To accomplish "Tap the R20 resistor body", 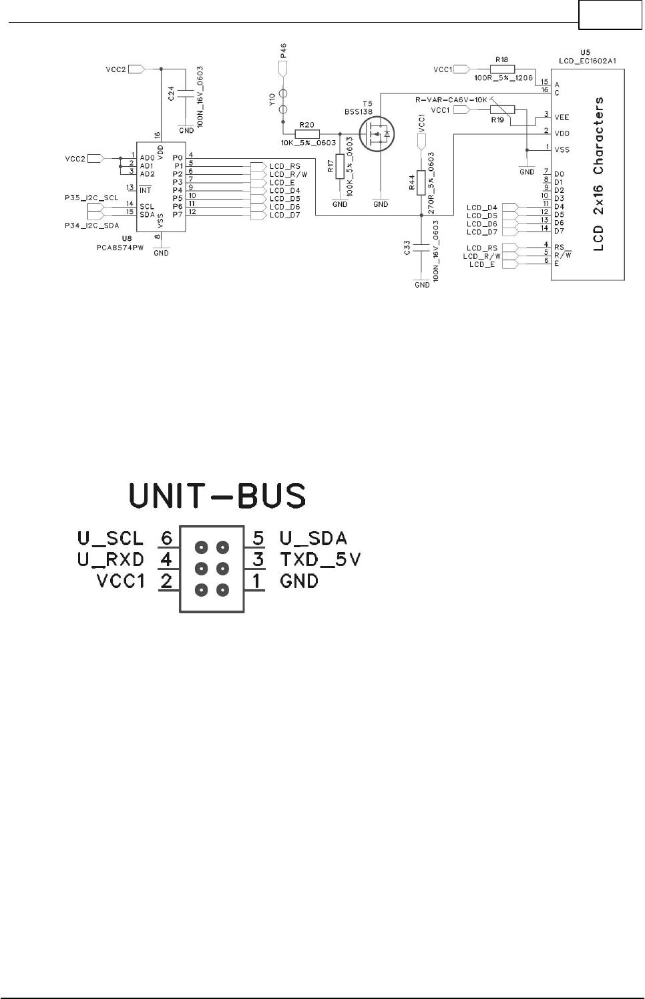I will pyautogui.click(x=307, y=133).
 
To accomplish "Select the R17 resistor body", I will pyautogui.click(x=340, y=166).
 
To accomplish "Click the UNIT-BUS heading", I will pyautogui.click(x=218, y=496).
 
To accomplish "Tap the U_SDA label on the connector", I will pyautogui.click(x=313, y=538).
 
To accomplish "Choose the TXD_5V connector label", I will pyautogui.click(x=320, y=559).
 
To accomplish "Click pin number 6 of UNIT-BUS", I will pyautogui.click(x=167, y=538).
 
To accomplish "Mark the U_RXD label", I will pyautogui.click(x=110, y=559).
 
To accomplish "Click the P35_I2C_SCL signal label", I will pyautogui.click(x=91, y=198).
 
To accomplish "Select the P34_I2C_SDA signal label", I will pyautogui.click(x=91, y=226).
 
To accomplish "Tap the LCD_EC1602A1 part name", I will pyautogui.click(x=587, y=60).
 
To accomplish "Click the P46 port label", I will pyautogui.click(x=284, y=51).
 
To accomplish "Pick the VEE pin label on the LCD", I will pyautogui.click(x=562, y=117).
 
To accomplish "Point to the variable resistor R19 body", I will pyautogui.click(x=502, y=109).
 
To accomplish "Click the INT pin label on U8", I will pyautogui.click(x=145, y=190).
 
